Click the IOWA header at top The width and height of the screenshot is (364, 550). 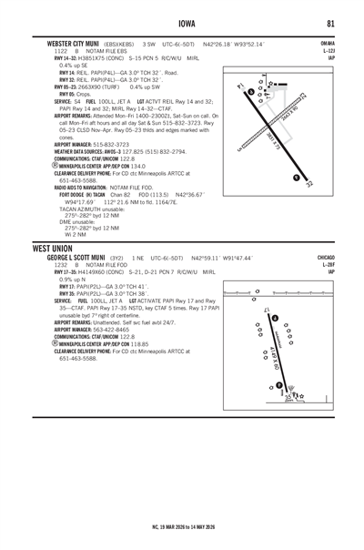[182, 25]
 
